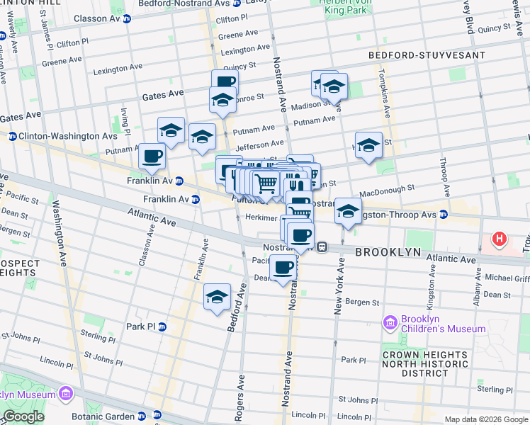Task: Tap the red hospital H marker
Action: pyautogui.click(x=500, y=239)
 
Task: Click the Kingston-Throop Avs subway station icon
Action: pyautogui.click(x=443, y=213)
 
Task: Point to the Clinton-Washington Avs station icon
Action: pyautogui.click(x=12, y=135)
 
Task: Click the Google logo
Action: pyautogui.click(x=24, y=416)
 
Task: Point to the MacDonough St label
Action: pyautogui.click(x=387, y=191)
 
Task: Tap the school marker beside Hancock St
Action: pyautogui.click(x=368, y=146)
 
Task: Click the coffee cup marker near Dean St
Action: pyautogui.click(x=283, y=268)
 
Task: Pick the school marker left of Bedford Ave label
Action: pyautogui.click(x=218, y=297)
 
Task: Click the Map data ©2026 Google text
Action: pyautogui.click(x=485, y=419)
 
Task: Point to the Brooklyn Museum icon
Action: pyautogui.click(x=65, y=393)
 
